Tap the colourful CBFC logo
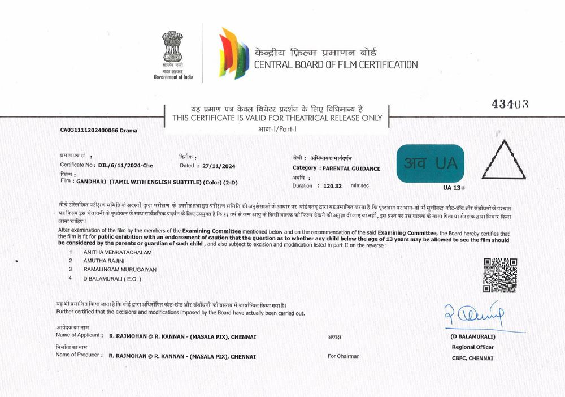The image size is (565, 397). tap(234, 54)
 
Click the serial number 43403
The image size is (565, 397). tap(510, 104)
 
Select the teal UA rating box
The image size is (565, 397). tap(430, 163)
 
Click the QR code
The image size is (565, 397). tap(500, 275)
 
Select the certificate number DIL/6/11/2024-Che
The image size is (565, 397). tap(125, 166)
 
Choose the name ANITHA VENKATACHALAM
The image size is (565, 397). tap(118, 251)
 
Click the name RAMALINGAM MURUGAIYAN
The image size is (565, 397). tap(112, 269)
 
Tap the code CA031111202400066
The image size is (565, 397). tap(89, 130)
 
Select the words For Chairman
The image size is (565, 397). tap(344, 356)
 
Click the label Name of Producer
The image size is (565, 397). tap(79, 355)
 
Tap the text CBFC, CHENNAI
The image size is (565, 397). tap(472, 358)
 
